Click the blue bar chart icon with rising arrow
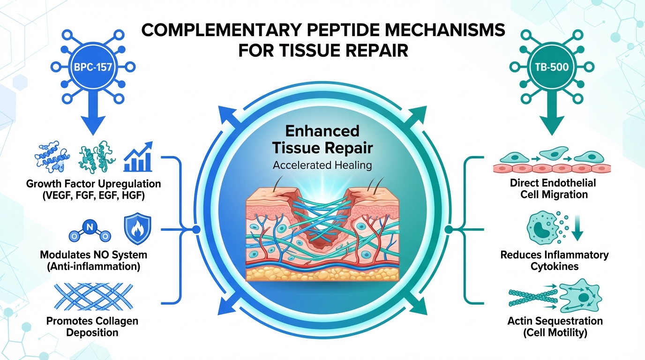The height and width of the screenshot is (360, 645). [x=138, y=157]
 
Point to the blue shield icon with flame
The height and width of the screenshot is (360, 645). [x=137, y=230]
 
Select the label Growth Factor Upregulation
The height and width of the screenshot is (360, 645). [x=94, y=183]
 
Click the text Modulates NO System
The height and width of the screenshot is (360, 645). [x=94, y=255]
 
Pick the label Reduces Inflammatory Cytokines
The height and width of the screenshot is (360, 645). [x=554, y=260]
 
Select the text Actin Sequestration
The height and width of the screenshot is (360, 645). [x=555, y=321]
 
